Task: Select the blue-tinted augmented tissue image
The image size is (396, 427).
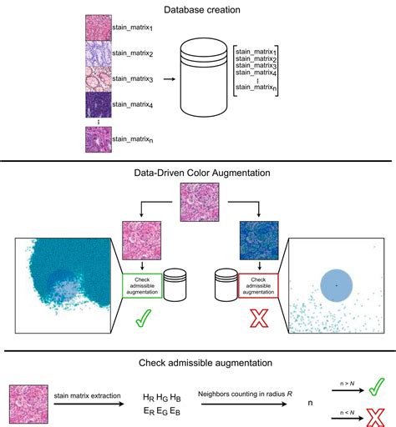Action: pyautogui.click(x=256, y=240)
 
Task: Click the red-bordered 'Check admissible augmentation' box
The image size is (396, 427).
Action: pyautogui.click(x=255, y=285)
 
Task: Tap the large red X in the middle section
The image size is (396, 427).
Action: pyautogui.click(x=255, y=322)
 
